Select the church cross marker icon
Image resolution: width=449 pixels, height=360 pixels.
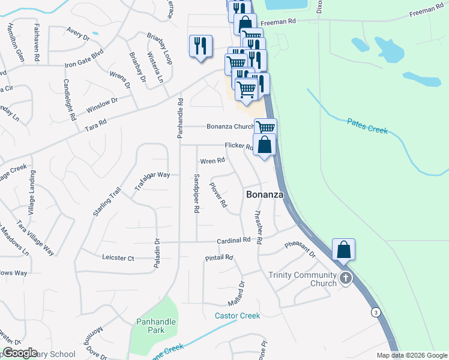pos(345,278)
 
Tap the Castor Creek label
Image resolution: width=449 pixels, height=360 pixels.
pos(238,316)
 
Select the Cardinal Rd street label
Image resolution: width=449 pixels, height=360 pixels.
pos(234,240)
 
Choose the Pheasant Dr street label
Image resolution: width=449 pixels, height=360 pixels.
pos(300,250)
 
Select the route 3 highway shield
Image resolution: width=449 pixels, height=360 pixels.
pos(375,313)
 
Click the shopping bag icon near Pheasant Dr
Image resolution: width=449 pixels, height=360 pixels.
pos(343,249)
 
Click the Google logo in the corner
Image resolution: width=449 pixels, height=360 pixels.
pos(19,353)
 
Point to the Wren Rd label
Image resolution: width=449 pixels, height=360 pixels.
pos(212,161)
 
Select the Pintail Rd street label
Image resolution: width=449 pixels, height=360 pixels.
pos(218,257)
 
